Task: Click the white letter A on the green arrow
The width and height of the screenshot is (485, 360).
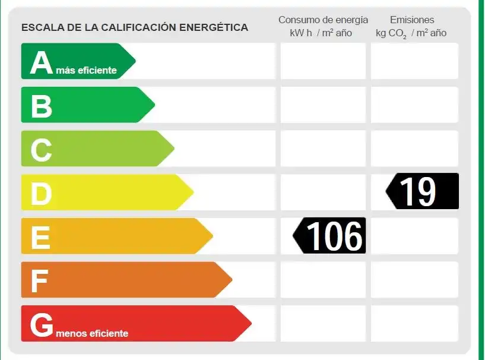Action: [x=42, y=62]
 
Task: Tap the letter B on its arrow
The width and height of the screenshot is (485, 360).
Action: [x=42, y=106]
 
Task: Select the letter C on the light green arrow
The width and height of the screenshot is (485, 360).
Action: [x=41, y=150]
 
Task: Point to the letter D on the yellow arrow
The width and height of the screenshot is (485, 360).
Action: [x=41, y=194]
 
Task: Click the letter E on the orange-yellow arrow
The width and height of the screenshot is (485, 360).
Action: [x=40, y=238]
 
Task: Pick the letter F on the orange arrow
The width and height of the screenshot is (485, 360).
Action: [x=40, y=281]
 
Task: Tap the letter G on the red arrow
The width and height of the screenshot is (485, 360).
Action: [x=42, y=325]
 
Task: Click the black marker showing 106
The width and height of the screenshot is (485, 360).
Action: [x=329, y=236]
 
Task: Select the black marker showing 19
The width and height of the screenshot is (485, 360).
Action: [x=423, y=191]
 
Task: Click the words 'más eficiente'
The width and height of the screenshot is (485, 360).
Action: [x=86, y=70]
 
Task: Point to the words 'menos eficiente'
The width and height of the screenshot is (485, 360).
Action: [x=92, y=333]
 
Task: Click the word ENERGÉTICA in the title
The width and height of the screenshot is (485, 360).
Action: [x=214, y=27]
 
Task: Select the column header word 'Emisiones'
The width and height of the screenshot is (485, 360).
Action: [x=412, y=20]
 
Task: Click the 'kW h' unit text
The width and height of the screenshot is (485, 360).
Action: [x=301, y=33]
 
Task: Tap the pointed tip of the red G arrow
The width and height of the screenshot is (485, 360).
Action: [x=251, y=324]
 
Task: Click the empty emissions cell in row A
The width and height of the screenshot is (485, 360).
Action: [x=414, y=61]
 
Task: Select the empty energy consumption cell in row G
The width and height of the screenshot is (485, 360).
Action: [x=323, y=324]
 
